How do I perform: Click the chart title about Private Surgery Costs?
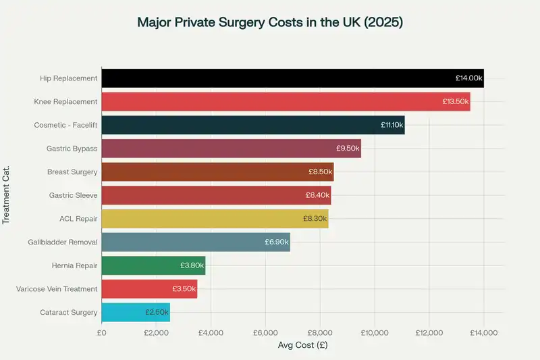270,22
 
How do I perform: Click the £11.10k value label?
391,126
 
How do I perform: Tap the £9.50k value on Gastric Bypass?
348,149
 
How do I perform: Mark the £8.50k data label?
320,172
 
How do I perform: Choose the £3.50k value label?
184,289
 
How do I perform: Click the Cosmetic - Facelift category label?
65,126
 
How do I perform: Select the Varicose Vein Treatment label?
57,289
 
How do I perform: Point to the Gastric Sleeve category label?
73,195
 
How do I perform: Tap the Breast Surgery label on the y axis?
72,172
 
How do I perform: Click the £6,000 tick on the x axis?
265,332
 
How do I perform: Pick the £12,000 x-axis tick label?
429,332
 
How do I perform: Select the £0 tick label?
102,332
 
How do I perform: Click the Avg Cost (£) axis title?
302,345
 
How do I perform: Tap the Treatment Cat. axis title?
7,195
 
